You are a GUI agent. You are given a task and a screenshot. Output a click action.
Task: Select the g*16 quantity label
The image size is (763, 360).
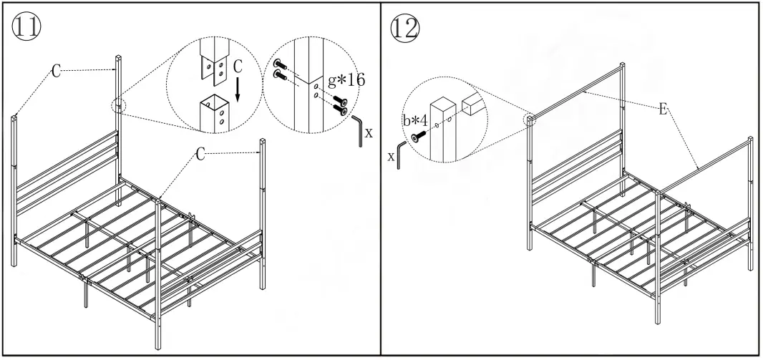click(346, 79)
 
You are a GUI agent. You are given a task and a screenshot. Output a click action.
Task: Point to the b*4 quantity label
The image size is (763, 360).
click(414, 120)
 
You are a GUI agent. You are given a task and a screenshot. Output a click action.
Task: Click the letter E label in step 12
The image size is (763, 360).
click(662, 109)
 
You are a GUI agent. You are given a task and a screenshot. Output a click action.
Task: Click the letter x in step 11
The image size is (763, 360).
click(369, 133)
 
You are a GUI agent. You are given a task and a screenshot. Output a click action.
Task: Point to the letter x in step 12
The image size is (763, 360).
click(392, 156)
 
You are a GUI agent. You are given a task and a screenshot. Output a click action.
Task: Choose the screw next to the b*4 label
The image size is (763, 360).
click(417, 135)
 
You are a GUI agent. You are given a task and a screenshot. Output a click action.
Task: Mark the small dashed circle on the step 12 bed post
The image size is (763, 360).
click(530, 119)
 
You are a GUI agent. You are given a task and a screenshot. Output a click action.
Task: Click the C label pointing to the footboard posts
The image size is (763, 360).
click(202, 152)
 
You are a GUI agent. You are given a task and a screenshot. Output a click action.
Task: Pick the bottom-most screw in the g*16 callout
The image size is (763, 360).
click(344, 110)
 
